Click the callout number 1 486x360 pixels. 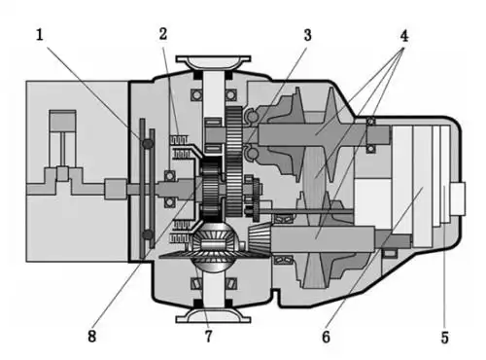tap(40, 35)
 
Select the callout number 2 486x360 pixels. tap(163, 34)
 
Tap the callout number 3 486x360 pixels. tap(307, 35)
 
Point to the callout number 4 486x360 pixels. tap(403, 36)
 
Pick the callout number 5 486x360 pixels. tap(445, 338)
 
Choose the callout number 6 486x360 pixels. tap(326, 337)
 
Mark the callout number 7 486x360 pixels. tap(208, 336)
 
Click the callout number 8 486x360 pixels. tap(92, 336)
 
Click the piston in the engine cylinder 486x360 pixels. tap(63, 121)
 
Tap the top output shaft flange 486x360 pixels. tap(213, 62)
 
